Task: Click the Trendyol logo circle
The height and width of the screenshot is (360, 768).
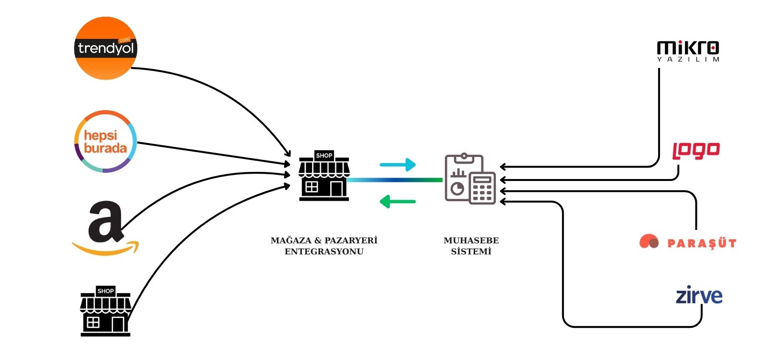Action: pyautogui.click(x=106, y=48)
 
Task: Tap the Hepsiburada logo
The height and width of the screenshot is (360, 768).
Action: pyautogui.click(x=106, y=142)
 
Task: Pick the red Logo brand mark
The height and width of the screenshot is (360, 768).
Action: pyautogui.click(x=696, y=150)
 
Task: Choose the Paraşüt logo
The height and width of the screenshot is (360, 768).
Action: pyautogui.click(x=687, y=242)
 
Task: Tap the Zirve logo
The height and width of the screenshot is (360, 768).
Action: pyautogui.click(x=699, y=295)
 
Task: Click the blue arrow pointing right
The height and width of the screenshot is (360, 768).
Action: pyautogui.click(x=397, y=165)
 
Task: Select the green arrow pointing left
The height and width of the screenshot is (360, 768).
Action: pyautogui.click(x=397, y=201)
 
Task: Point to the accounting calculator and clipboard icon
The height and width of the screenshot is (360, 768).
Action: pyautogui.click(x=470, y=179)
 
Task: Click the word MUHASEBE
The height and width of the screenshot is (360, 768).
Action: pyautogui.click(x=471, y=240)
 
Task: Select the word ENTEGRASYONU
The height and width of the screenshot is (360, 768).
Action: pyautogui.click(x=324, y=252)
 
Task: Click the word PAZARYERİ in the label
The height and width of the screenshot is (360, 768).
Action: pyautogui.click(x=351, y=240)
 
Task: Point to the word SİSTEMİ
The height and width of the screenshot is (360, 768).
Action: pyautogui.click(x=471, y=252)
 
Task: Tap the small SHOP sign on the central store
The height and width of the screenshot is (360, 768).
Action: pyautogui.click(x=324, y=155)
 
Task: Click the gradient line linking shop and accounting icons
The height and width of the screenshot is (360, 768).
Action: pyautogui.click(x=395, y=180)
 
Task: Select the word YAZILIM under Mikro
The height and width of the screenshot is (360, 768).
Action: pyautogui.click(x=688, y=60)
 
